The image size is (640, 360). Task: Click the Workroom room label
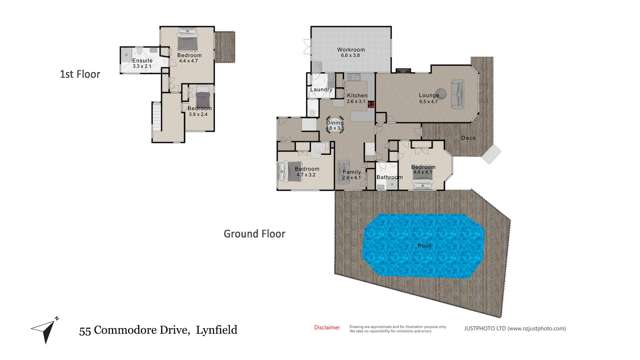coord(350,49)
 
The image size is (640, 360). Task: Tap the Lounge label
coord(429,96)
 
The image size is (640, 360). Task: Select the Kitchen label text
coord(357,96)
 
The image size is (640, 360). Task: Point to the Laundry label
coord(321,90)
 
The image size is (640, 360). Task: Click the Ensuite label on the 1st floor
coord(142,61)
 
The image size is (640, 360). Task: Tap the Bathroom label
coord(388,177)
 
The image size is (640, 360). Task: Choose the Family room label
coord(352,172)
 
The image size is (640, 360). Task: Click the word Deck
coord(467,138)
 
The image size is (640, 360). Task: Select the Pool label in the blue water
coord(424,244)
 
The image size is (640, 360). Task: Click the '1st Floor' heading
coord(79,74)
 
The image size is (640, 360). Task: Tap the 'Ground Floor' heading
coord(254,234)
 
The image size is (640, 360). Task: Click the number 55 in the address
coord(86,329)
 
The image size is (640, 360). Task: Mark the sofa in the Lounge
coord(458,95)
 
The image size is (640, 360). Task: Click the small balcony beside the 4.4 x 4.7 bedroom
coord(225,45)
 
